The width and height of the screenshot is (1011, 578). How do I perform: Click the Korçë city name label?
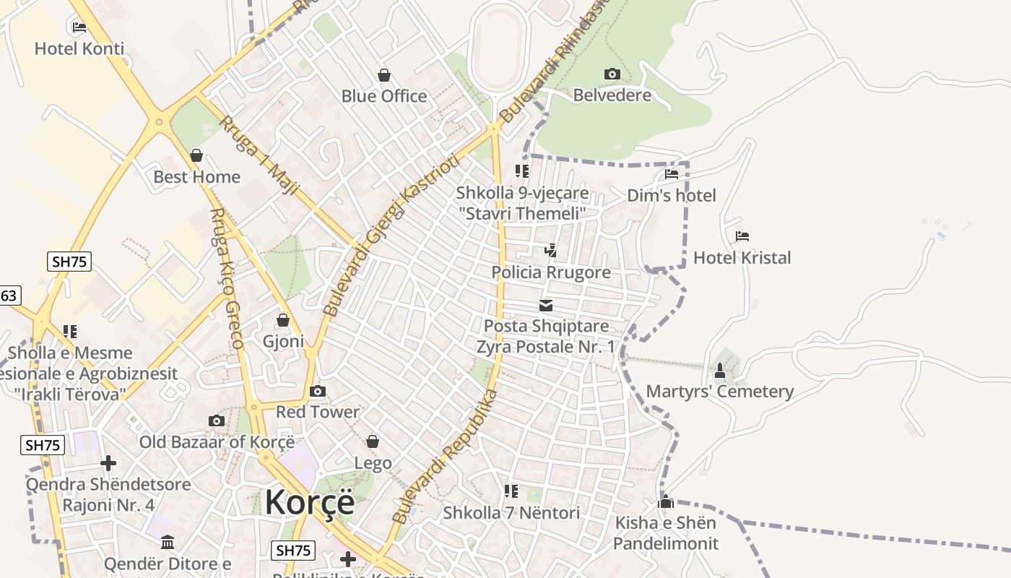tap(310, 502)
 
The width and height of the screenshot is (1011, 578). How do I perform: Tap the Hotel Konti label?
tap(79, 49)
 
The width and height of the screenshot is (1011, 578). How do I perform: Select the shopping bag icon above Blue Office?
tap(384, 75)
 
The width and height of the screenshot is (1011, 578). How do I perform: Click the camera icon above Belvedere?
tap(612, 74)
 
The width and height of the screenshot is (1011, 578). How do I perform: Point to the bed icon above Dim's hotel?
tap(672, 174)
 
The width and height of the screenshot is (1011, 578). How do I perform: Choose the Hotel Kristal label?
tap(742, 258)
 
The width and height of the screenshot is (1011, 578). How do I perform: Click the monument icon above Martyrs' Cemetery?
tap(719, 371)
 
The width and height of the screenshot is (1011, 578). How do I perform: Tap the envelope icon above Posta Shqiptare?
tap(546, 306)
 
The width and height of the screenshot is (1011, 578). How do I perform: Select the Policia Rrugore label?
tap(551, 272)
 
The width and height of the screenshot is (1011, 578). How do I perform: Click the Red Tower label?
tap(318, 412)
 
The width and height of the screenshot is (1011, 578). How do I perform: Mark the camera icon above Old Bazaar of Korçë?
tap(216, 420)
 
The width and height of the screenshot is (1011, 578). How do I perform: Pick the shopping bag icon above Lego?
tap(373, 441)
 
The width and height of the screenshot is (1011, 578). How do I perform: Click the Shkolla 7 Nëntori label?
tap(511, 513)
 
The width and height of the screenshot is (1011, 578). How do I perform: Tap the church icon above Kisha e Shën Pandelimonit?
tap(666, 501)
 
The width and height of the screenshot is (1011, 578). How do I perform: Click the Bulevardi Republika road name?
tap(445, 457)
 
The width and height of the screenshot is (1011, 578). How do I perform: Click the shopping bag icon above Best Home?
tap(196, 155)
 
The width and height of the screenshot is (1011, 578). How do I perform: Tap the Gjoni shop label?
tap(283, 341)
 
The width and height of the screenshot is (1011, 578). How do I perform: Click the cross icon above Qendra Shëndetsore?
tap(108, 462)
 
